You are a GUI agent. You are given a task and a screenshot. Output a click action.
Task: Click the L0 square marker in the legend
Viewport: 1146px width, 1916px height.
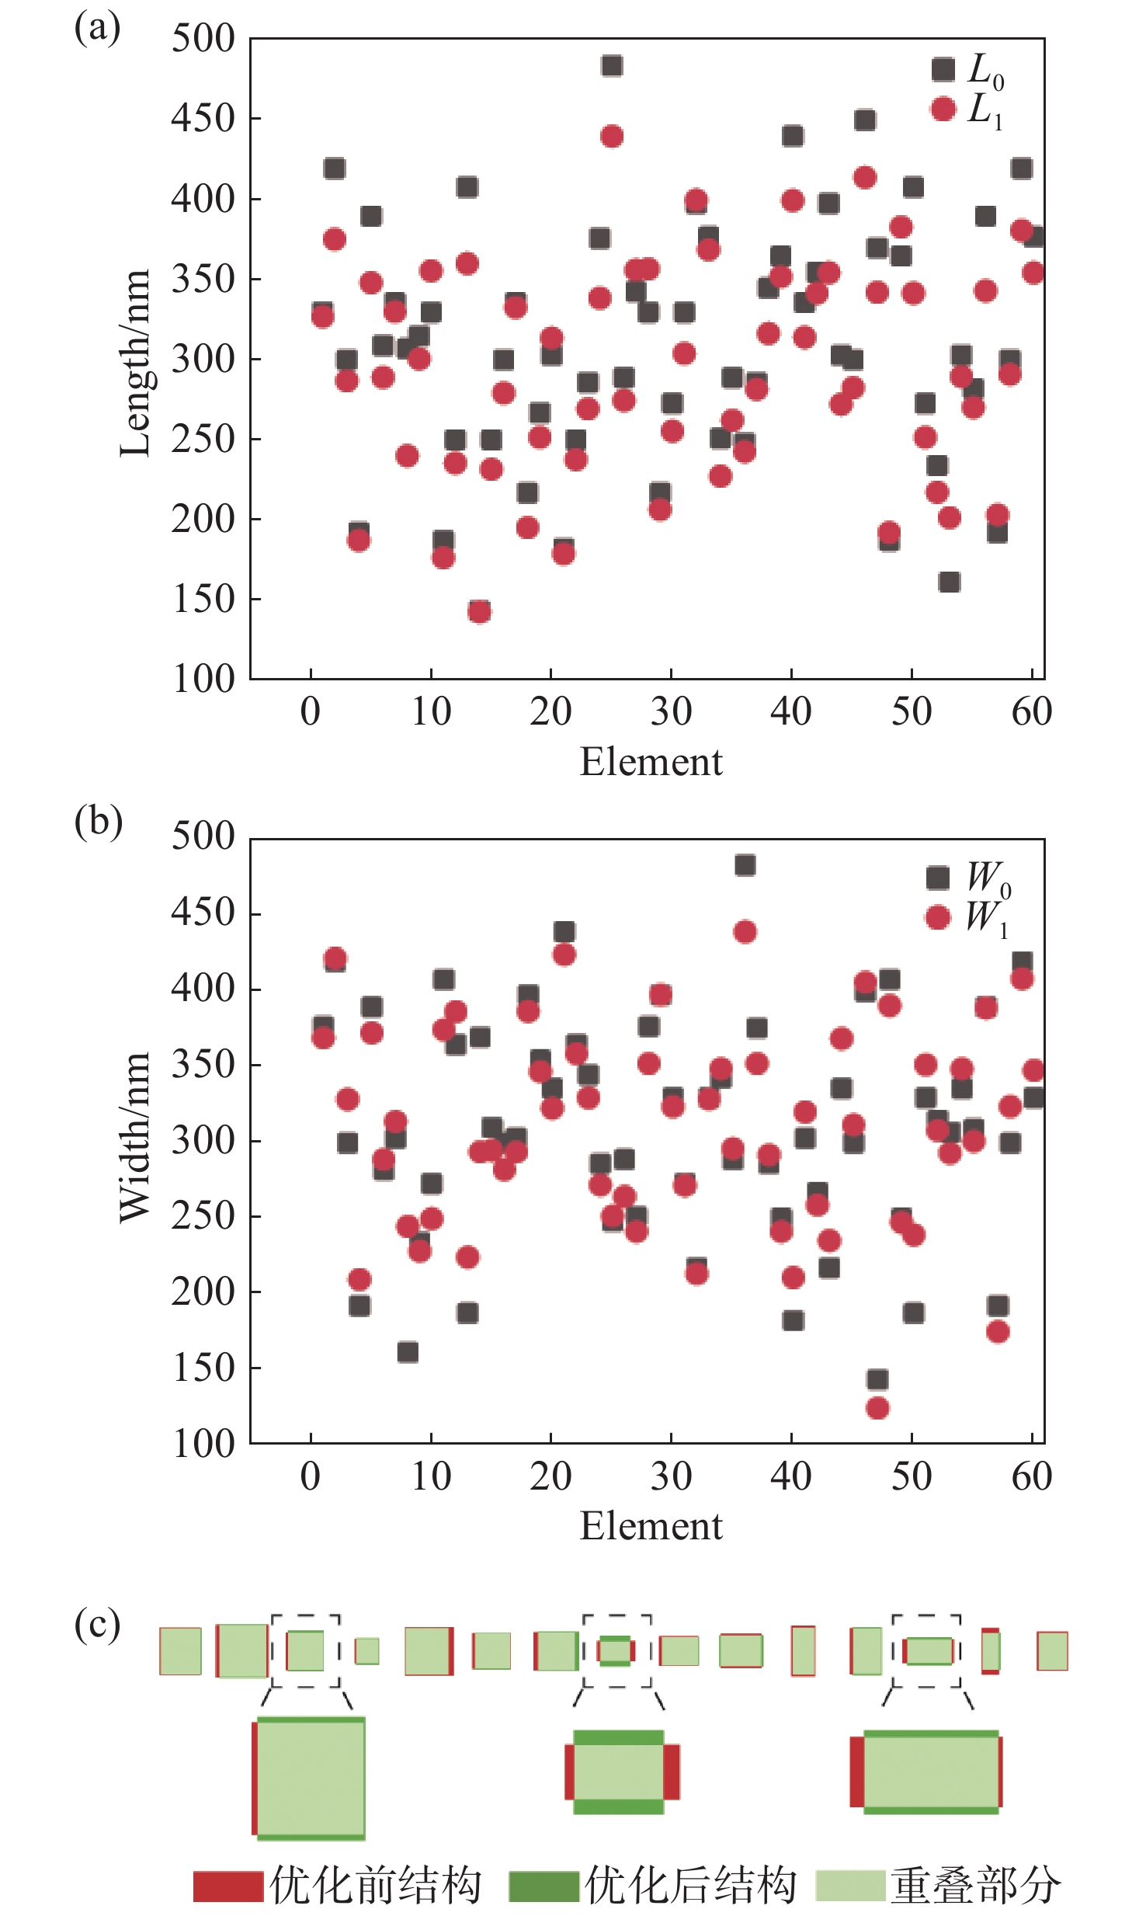(x=943, y=70)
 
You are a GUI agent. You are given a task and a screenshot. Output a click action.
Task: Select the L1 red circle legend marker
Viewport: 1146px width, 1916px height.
(x=943, y=109)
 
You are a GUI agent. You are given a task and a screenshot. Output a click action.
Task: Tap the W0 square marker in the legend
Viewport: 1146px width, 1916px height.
(x=937, y=878)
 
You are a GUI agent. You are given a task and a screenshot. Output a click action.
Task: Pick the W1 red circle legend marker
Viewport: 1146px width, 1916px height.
(x=937, y=917)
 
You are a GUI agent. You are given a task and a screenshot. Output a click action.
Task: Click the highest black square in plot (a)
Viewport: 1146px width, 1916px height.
(x=611, y=66)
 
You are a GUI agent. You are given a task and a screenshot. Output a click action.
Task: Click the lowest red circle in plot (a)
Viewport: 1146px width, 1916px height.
(x=479, y=612)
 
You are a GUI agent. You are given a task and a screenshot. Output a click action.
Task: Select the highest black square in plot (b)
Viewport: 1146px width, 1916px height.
(x=745, y=865)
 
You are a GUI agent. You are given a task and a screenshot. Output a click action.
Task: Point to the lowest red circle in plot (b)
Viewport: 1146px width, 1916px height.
(x=877, y=1407)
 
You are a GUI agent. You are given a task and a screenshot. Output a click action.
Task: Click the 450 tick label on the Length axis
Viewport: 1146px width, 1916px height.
(x=203, y=119)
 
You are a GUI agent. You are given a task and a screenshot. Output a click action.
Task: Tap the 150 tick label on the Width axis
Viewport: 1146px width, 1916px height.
(x=203, y=1368)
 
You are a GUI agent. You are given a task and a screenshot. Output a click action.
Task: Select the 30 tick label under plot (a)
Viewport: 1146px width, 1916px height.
(x=671, y=711)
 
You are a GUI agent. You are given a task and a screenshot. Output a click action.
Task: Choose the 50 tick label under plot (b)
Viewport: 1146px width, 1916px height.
(x=911, y=1476)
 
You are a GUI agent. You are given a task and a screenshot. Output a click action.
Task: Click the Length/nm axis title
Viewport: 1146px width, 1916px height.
(x=134, y=363)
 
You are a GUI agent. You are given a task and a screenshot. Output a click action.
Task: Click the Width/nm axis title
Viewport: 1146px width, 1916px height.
(x=134, y=1139)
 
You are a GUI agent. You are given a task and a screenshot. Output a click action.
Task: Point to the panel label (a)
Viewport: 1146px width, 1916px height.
(x=97, y=29)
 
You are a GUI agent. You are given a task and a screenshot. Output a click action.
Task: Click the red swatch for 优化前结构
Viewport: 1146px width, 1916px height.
(x=227, y=1886)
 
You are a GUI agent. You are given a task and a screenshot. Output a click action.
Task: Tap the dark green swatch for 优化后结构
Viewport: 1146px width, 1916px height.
(x=543, y=1886)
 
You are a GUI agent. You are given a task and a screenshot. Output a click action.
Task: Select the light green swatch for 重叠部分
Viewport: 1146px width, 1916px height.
(x=850, y=1886)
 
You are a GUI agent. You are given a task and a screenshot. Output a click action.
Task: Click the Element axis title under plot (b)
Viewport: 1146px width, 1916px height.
(x=651, y=1526)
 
